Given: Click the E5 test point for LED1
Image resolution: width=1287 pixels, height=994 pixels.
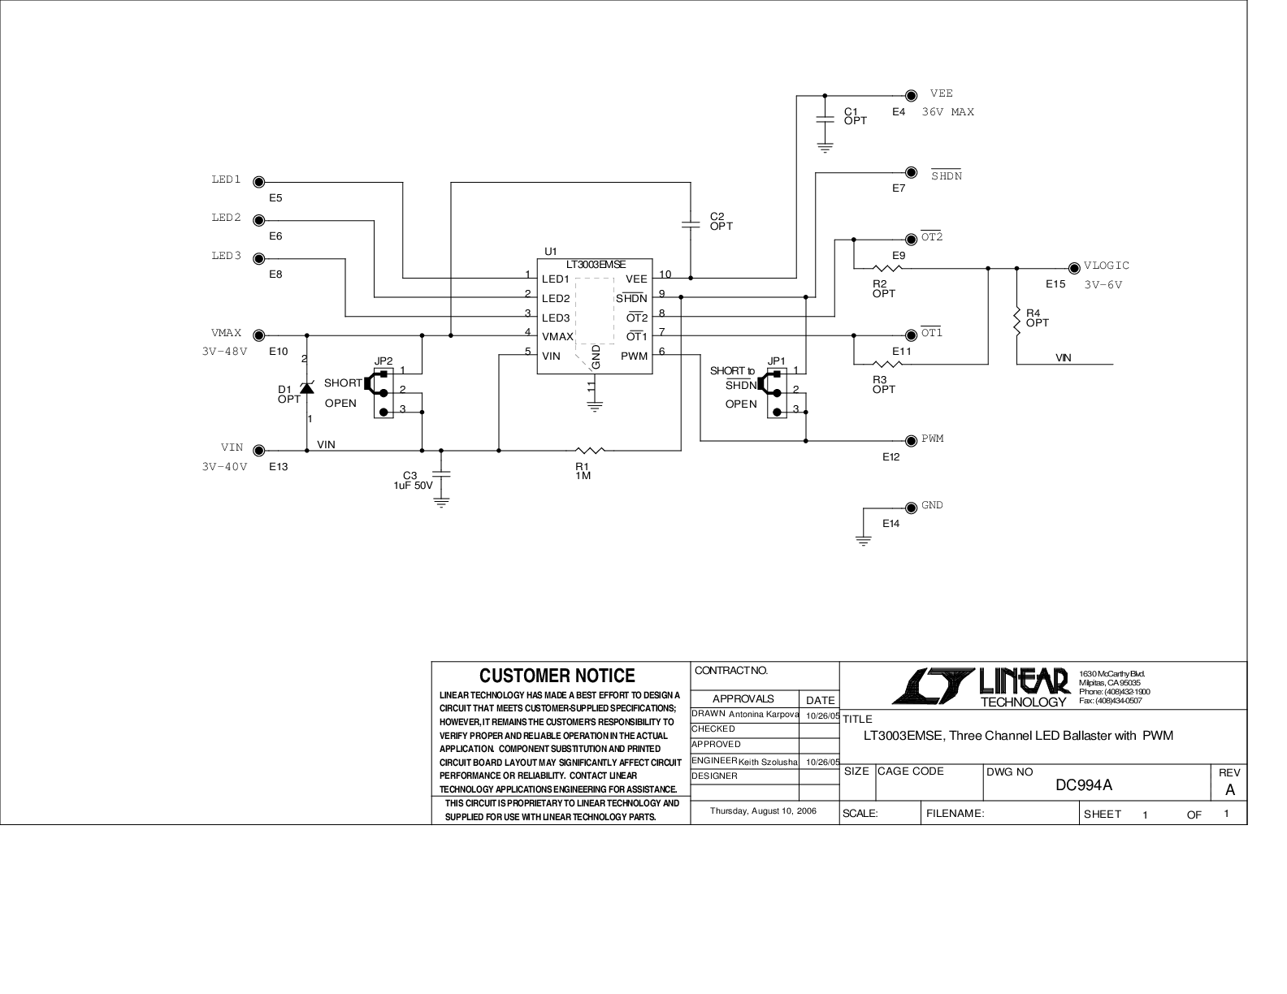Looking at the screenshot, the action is [259, 183].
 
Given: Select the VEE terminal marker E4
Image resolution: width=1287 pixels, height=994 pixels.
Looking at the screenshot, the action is [911, 95].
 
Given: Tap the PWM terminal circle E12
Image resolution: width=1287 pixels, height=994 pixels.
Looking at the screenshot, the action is [911, 440].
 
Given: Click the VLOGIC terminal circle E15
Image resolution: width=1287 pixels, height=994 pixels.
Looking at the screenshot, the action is [1074, 268].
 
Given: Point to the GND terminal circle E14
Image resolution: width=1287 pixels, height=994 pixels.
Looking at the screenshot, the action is [911, 508].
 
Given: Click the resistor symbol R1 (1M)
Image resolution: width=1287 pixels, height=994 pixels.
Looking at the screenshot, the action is [590, 451].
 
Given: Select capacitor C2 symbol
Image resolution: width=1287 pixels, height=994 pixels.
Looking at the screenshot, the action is [690, 224].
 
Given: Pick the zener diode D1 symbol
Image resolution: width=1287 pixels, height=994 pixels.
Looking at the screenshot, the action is [307, 387].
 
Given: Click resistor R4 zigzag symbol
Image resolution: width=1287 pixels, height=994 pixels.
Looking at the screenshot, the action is [1017, 322].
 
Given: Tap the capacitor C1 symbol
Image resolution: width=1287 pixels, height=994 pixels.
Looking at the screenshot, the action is [825, 119].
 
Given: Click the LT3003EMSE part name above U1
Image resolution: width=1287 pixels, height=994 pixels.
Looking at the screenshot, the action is [596, 265].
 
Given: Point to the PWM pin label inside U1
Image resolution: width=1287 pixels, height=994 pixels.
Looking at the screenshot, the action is [634, 356].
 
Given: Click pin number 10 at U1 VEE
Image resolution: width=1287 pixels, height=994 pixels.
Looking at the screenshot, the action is [665, 274].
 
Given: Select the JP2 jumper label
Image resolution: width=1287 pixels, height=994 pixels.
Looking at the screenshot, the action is [383, 361].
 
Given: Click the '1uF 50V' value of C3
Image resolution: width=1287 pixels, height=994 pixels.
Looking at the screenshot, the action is [413, 486].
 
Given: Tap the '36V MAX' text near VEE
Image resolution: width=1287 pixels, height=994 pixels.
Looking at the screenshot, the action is [947, 112].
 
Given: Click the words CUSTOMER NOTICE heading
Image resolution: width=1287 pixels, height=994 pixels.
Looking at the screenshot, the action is [557, 676].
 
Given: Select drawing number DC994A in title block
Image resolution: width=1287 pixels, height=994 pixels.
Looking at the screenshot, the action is [1084, 785].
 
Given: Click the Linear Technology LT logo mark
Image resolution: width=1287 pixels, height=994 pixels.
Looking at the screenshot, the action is [933, 686].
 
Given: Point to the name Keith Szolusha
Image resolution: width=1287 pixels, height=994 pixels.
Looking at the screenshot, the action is [768, 762].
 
